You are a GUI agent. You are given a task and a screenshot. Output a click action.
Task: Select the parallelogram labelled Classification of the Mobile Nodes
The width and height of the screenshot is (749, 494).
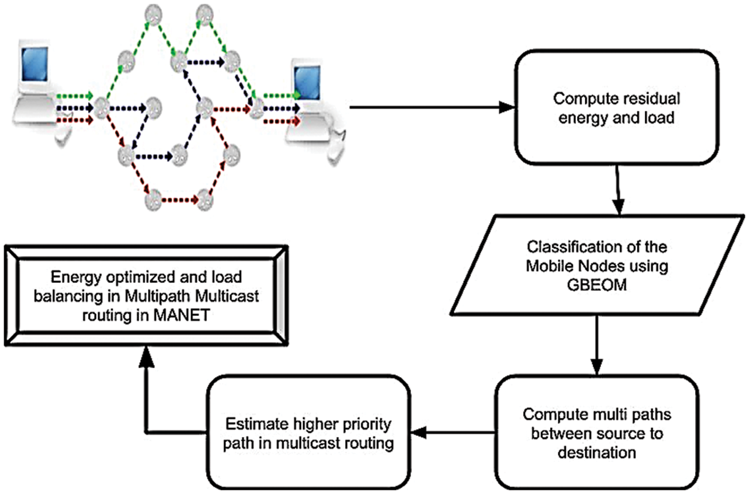[597, 264]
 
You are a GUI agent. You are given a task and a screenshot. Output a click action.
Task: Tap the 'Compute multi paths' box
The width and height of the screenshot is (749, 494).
[593, 432]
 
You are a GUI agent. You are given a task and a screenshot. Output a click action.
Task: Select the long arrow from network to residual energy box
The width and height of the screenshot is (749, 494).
[431, 109]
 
